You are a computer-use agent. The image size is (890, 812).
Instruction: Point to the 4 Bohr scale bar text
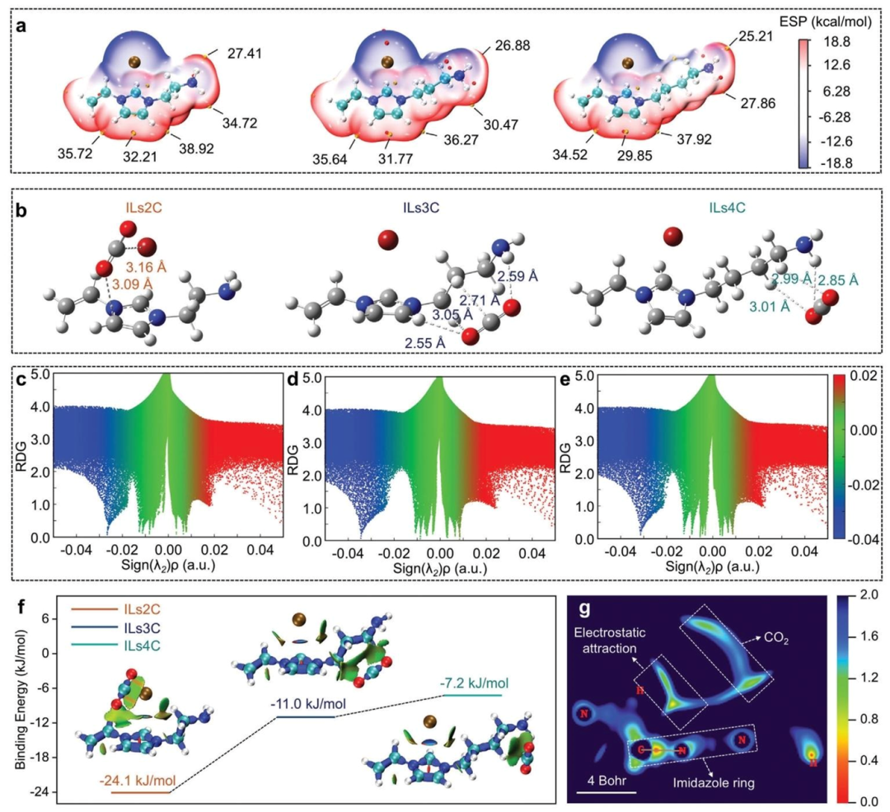pos(605,781)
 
